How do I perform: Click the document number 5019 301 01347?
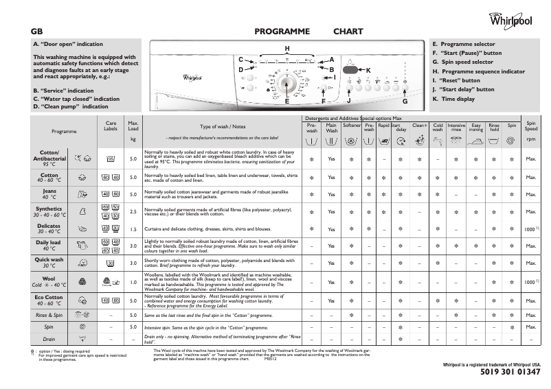506,372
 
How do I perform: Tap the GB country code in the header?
38,32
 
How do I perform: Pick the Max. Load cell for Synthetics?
133,211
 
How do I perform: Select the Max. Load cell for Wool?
133,282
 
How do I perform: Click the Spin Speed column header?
530,128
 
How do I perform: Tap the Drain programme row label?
49,338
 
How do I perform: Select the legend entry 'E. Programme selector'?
463,44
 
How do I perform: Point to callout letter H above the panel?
287,47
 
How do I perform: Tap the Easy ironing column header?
475,128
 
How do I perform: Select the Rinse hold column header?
494,128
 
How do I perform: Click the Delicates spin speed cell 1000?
530,229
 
